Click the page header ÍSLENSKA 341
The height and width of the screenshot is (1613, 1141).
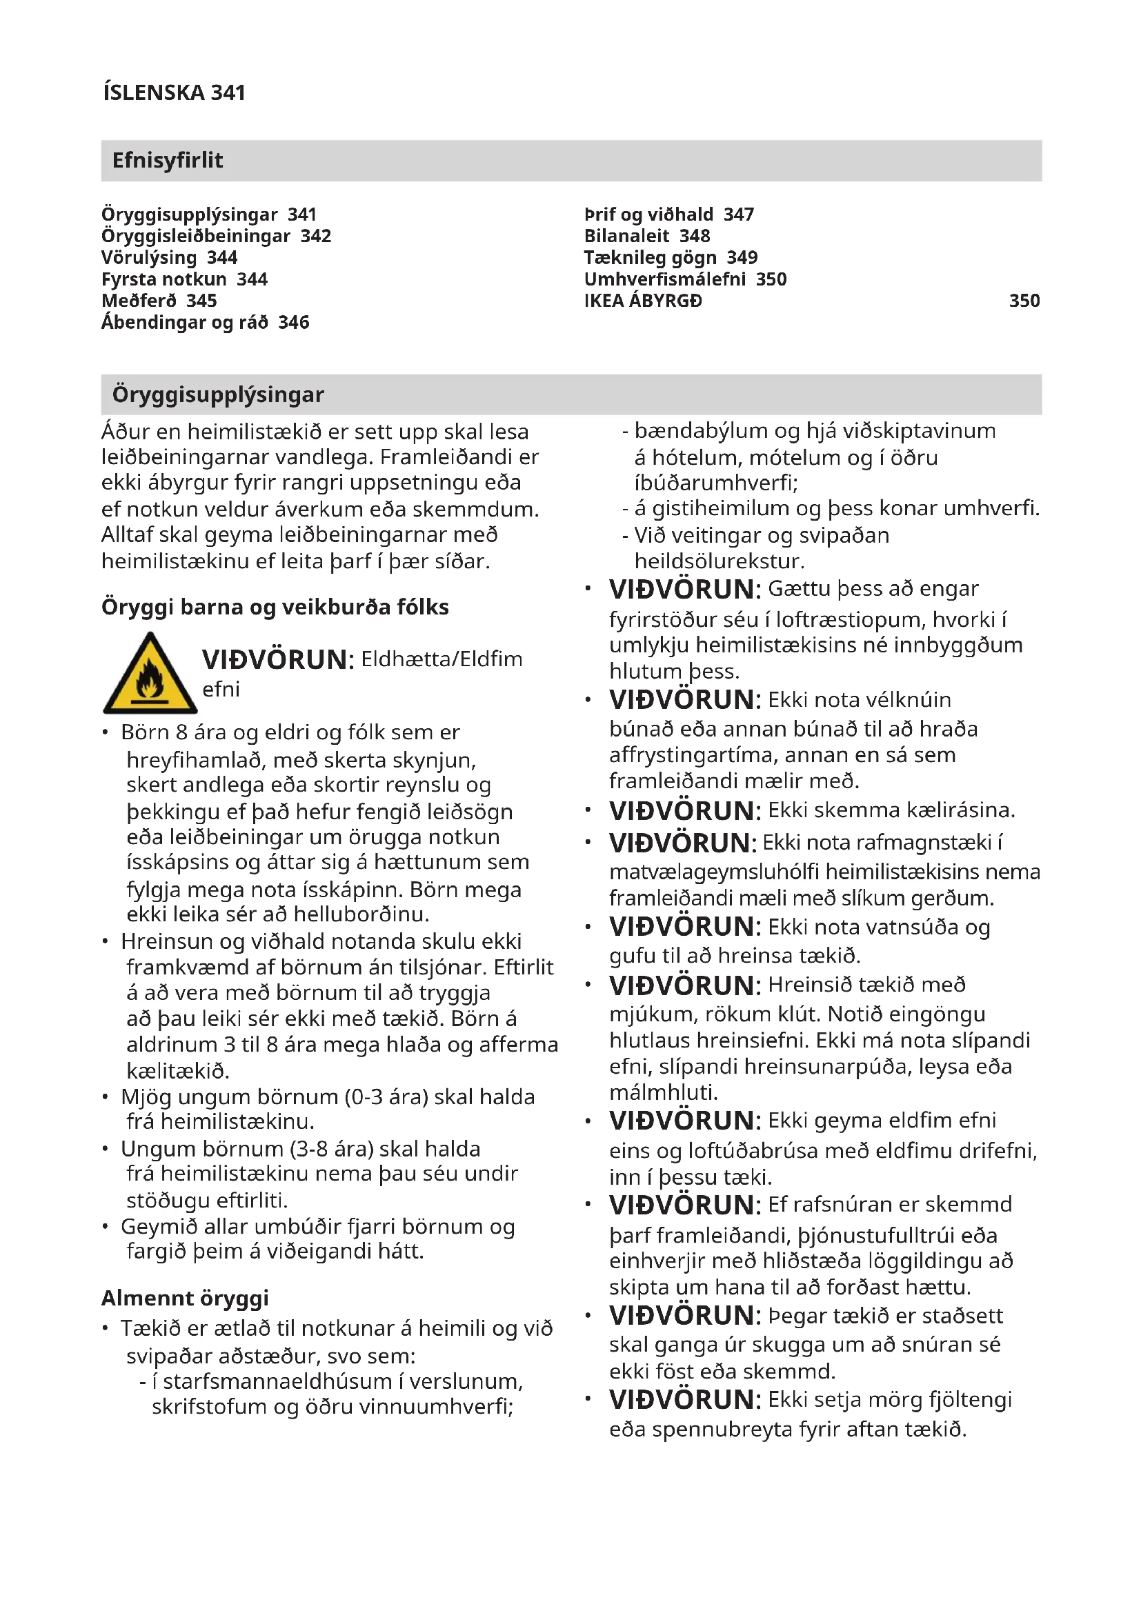pos(174,92)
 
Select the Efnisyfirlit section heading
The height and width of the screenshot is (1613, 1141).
pos(167,160)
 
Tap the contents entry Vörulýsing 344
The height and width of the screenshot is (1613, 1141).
pos(169,258)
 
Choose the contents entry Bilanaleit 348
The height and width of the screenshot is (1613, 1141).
pos(646,236)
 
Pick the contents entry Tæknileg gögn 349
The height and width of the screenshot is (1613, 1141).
pos(671,258)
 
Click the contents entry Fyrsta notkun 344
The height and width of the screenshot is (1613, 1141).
pos(184,279)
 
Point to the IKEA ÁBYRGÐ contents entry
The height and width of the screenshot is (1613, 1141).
pos(642,301)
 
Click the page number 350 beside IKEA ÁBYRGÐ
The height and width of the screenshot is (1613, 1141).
pos(1024,301)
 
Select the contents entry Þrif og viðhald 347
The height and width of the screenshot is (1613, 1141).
pos(668,214)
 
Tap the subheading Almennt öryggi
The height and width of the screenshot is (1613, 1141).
pos(185,1298)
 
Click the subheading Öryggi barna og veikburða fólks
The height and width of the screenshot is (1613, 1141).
pos(275,607)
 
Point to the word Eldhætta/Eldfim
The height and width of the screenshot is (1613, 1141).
pos(441,659)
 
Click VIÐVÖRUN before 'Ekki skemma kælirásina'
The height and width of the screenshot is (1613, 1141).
pos(684,811)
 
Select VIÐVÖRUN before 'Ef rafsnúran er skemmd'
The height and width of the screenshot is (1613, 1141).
pos(684,1205)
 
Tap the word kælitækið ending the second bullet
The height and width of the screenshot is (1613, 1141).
pos(178,1071)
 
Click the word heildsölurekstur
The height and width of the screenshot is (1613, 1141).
pos(719,561)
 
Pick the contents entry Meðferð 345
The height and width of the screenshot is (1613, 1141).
pos(159,301)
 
